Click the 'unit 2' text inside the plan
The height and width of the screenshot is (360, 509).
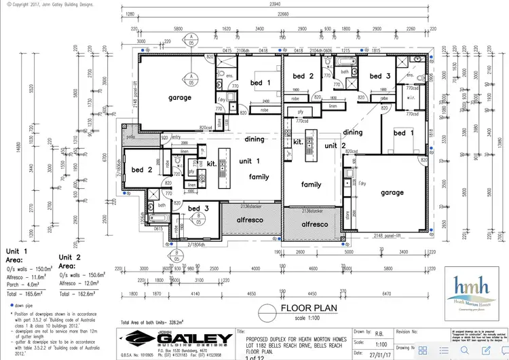(x=336, y=145)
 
